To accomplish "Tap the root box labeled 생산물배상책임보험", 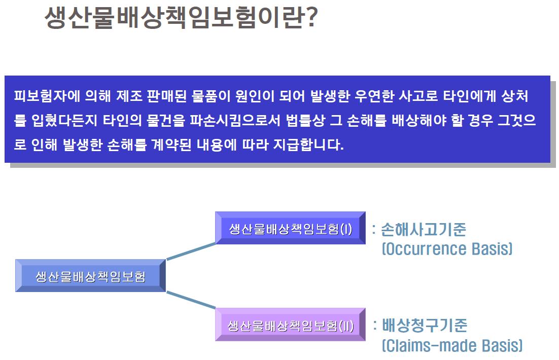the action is pyautogui.click(x=90, y=276).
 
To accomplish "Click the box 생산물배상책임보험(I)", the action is pyautogui.click(x=290, y=228).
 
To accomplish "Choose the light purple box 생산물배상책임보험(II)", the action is pyautogui.click(x=290, y=325).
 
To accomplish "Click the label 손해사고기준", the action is pyautogui.click(x=423, y=230).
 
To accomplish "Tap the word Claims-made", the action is pyautogui.click(x=430, y=346).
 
